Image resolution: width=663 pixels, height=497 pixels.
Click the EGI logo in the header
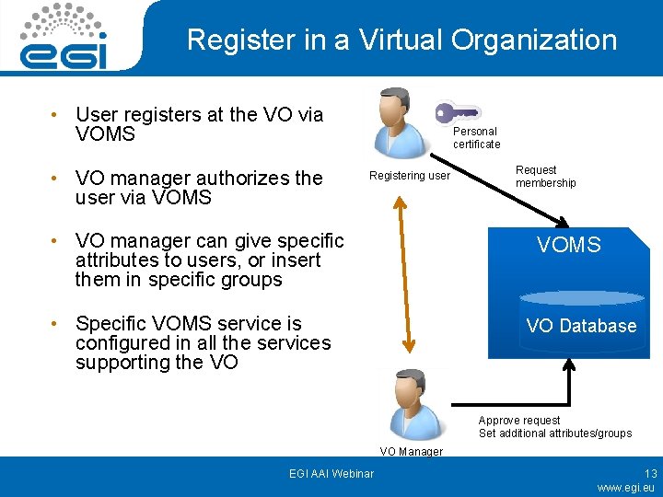(x=64, y=38)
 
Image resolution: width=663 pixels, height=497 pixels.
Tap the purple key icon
(x=458, y=113)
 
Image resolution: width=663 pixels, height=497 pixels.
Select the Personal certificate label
(x=476, y=138)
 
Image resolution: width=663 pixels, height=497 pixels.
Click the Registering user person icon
(x=399, y=123)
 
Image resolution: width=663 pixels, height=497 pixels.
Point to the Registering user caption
(x=409, y=175)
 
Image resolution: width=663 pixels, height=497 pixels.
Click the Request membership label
(x=545, y=177)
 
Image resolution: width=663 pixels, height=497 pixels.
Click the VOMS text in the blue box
(x=568, y=245)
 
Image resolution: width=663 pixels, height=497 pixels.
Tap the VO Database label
(x=581, y=326)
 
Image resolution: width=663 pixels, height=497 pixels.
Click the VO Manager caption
(x=411, y=452)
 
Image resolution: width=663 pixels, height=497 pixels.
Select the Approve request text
(x=518, y=421)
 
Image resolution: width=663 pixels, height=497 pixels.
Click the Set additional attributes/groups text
(x=554, y=433)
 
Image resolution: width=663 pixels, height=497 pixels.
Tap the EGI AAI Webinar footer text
(x=331, y=473)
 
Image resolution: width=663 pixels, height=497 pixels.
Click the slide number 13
(x=650, y=473)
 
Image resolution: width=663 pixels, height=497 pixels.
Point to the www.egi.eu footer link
(x=625, y=488)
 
